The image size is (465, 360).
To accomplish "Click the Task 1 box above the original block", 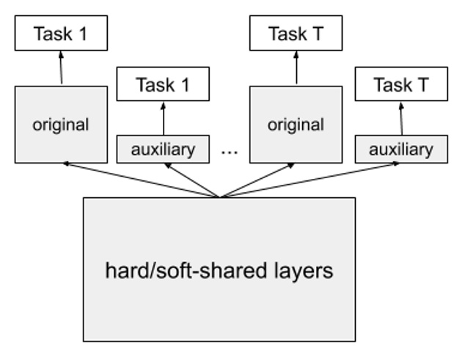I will tap(61, 34).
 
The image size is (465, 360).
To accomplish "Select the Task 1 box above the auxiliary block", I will tap(163, 84).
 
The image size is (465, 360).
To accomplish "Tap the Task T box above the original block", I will tap(296, 34).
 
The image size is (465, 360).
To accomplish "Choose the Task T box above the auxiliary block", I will tap(400, 84).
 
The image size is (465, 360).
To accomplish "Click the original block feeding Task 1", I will tap(61, 124).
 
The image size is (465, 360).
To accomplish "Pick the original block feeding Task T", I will tap(296, 124).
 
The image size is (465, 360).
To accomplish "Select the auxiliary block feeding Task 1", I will tap(163, 150).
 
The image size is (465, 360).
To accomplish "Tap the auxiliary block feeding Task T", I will tap(400, 150).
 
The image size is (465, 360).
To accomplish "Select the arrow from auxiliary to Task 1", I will tap(164, 118).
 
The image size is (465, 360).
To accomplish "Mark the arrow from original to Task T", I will tap(296, 68).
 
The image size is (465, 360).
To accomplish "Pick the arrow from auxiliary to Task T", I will tap(400, 118).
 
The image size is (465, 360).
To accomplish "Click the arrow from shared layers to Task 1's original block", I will tap(139, 180).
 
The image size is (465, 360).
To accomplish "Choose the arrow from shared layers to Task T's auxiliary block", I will tap(308, 180).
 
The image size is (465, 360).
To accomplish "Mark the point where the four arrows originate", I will tap(220, 196).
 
